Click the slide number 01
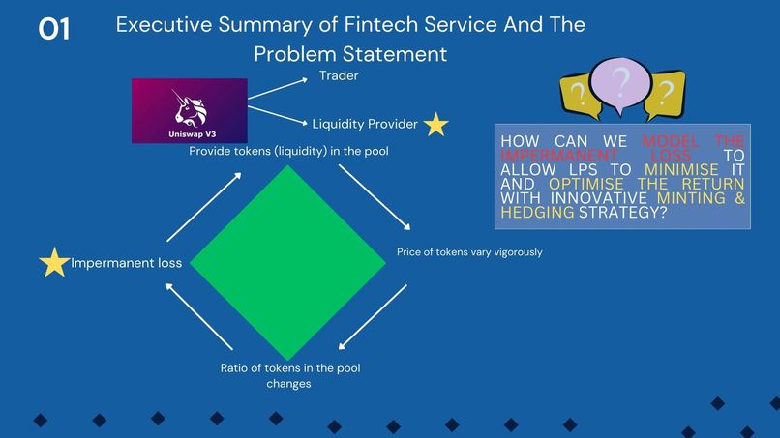(54, 29)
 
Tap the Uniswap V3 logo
(190, 111)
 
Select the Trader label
(339, 75)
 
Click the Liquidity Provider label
(365, 124)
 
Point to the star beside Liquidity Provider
(435, 125)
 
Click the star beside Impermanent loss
(54, 262)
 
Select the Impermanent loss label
(127, 263)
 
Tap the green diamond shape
(288, 262)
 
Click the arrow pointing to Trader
(278, 89)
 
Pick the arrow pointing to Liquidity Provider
(278, 116)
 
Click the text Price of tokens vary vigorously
(469, 252)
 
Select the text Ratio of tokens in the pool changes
(290, 376)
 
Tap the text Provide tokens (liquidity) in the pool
(288, 151)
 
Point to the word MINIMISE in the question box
(681, 169)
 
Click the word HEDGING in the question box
(537, 213)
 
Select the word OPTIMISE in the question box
(586, 184)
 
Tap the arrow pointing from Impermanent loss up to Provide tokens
(204, 207)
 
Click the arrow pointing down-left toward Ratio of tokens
(373, 317)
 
